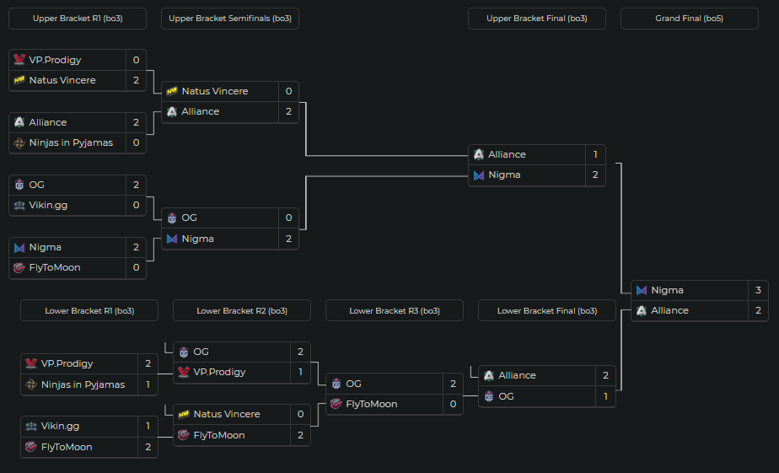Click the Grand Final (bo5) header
coord(689,19)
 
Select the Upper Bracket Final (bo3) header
coord(536,19)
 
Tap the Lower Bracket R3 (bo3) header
coord(394,310)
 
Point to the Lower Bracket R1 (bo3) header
coord(89,310)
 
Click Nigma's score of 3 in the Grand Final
coord(758,290)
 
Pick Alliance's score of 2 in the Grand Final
coord(758,310)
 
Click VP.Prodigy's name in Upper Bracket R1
coord(56,60)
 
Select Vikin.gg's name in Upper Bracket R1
coord(49,205)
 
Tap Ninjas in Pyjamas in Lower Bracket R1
coord(83,384)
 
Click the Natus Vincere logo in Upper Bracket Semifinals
coord(172,91)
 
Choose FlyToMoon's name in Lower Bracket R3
coord(371,404)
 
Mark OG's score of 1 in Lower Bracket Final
coord(605,396)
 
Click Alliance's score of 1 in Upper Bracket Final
coord(595,154)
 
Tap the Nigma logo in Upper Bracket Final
coord(479,175)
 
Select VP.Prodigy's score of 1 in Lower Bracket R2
coord(300,372)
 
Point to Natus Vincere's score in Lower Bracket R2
coord(300,414)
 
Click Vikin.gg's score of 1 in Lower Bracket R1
coord(148,426)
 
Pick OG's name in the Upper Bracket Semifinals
coord(190,218)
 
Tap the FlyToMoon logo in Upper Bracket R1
coord(19,267)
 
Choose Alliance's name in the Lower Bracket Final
coord(517,375)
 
